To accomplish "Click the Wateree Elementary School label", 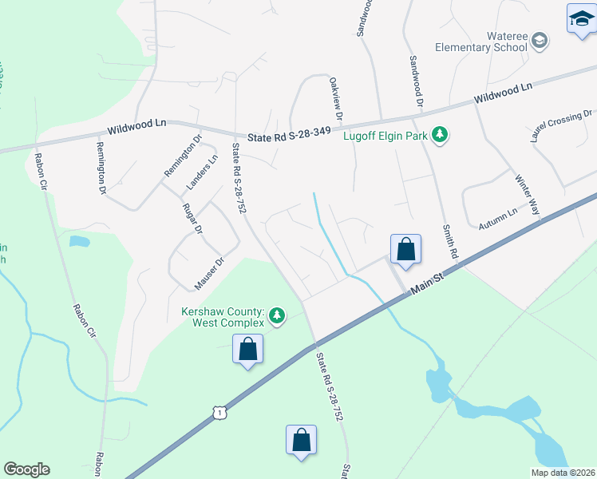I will coord(481,42).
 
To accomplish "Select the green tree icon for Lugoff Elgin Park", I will coord(438,135).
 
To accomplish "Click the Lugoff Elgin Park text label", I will coord(385,136).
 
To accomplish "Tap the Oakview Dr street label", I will coord(336,98).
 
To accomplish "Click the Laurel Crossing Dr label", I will coord(561,126).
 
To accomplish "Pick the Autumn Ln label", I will coord(498,220).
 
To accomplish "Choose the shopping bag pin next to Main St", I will coord(406,249).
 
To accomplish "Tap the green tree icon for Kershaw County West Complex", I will coord(277,316).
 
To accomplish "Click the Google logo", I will coord(26,469).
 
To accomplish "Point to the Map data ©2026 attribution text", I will coord(562,473).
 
